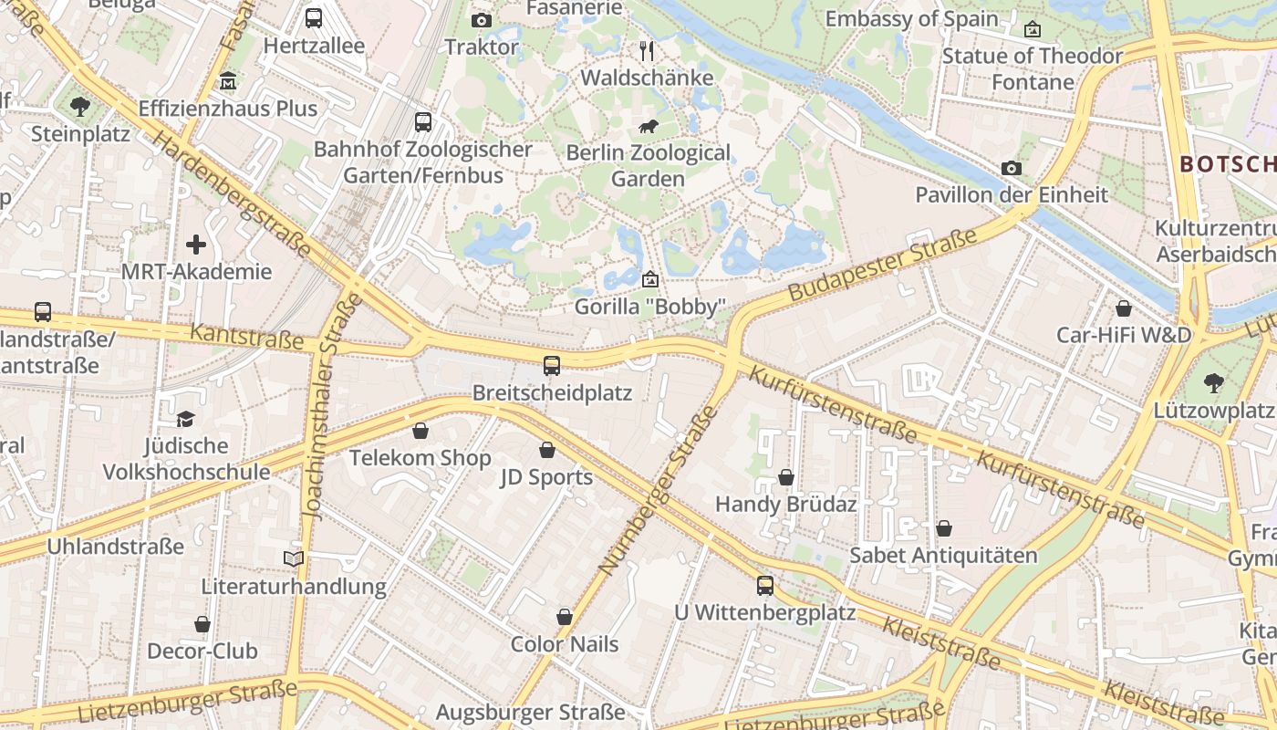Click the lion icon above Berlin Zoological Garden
tap(649, 126)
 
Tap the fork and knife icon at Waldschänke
tap(647, 50)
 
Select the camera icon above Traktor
tap(482, 20)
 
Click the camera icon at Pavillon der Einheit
tap(1011, 168)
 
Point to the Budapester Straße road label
tap(882, 265)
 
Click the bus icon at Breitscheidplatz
tap(552, 366)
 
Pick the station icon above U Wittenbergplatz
tap(765, 585)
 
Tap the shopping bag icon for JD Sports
tap(547, 450)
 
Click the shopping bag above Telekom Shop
tap(420, 431)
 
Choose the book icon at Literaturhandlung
tap(294, 558)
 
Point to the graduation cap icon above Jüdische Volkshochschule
tap(186, 419)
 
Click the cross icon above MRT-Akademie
tap(196, 245)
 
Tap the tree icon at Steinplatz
tap(80, 107)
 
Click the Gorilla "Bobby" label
tap(649, 307)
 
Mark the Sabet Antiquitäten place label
tap(943, 555)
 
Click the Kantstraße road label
tap(246, 336)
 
